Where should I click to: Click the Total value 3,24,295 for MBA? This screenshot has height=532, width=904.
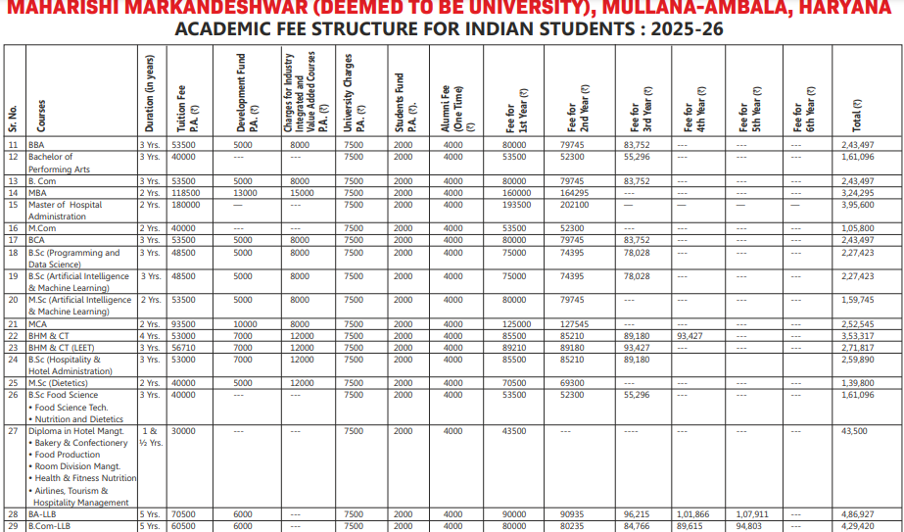[x=857, y=193]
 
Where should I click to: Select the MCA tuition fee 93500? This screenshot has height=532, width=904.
[x=183, y=324]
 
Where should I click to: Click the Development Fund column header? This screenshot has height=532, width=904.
[x=246, y=93]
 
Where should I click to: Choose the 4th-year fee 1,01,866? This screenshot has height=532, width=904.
[x=692, y=514]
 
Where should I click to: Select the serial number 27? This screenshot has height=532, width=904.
[x=13, y=431]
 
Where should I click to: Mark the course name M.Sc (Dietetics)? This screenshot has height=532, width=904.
[x=66, y=383]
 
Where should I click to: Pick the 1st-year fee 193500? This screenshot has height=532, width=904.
[x=514, y=205]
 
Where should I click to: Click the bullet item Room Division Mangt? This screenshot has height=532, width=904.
[x=72, y=466]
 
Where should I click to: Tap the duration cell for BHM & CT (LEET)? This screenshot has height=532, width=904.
[x=149, y=348]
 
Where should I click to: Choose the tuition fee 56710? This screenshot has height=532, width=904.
[x=183, y=348]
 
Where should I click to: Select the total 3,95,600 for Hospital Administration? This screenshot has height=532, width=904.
[x=857, y=205]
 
